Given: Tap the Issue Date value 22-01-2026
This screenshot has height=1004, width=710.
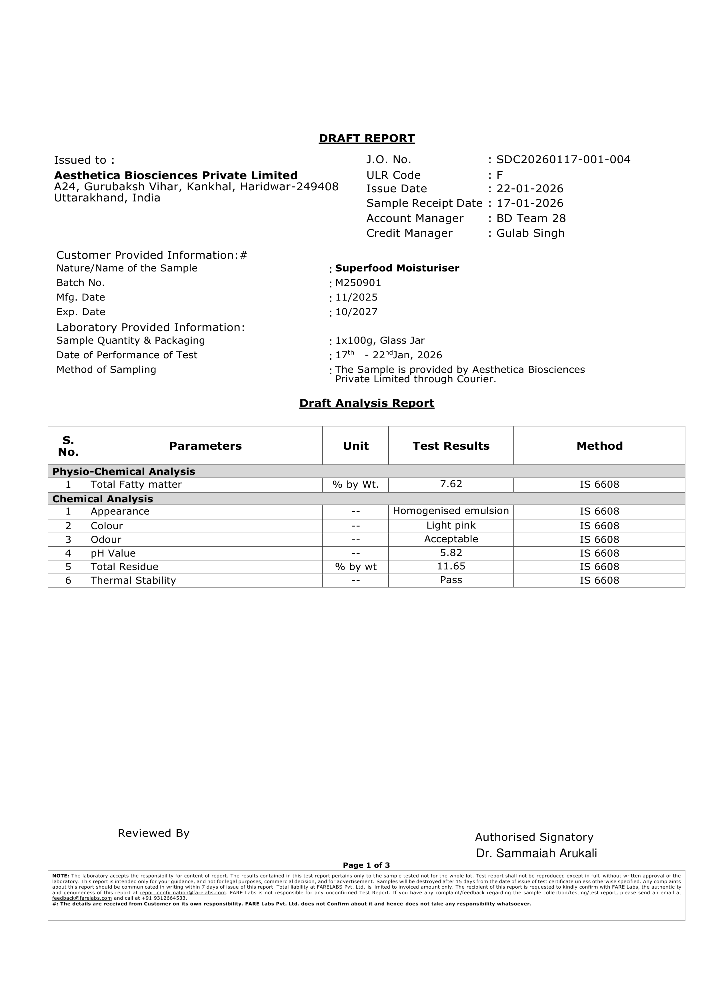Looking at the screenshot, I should coord(530,189).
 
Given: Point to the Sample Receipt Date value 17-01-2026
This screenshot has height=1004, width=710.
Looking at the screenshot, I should coord(530,203).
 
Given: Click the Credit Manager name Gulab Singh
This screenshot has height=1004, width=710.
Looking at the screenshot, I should coord(530,233).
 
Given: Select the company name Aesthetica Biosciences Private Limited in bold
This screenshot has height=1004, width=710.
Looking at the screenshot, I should coord(176,175).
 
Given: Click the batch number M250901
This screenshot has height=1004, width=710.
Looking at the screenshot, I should coord(358,283).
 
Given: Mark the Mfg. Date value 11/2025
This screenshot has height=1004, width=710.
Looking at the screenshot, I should coord(356,297).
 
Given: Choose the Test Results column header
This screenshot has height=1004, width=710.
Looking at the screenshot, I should coord(451,446).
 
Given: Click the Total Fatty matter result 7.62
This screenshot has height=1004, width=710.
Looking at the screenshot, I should coord(451,484).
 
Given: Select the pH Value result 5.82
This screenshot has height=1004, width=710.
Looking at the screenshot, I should coord(451,553).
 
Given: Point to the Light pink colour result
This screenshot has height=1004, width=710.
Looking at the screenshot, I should coord(451,526).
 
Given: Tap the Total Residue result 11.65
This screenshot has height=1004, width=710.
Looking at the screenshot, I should coord(451,567).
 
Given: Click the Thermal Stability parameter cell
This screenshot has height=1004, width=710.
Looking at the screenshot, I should coord(133,581).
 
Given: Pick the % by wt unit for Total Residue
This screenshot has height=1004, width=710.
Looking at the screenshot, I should coord(355,567).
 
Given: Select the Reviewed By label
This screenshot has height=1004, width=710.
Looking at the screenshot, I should coord(153,833).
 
